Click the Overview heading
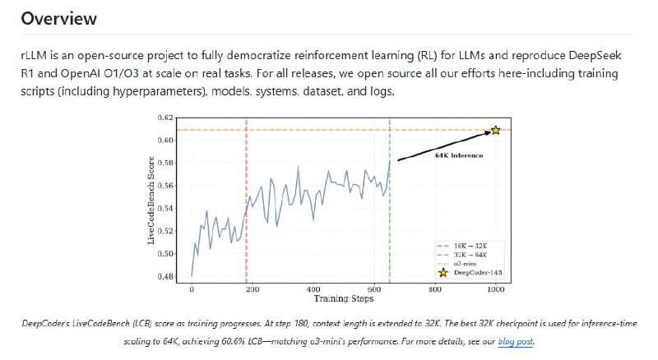click(59, 18)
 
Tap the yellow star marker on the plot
click(495, 130)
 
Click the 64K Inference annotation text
click(459, 155)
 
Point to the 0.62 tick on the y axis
click(166, 118)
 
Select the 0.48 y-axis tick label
click(166, 276)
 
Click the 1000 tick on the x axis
click(495, 288)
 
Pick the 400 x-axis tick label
click(313, 288)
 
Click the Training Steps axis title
click(343, 298)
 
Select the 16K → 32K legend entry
click(470, 245)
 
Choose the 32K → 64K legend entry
click(470, 254)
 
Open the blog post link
click(517, 340)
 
